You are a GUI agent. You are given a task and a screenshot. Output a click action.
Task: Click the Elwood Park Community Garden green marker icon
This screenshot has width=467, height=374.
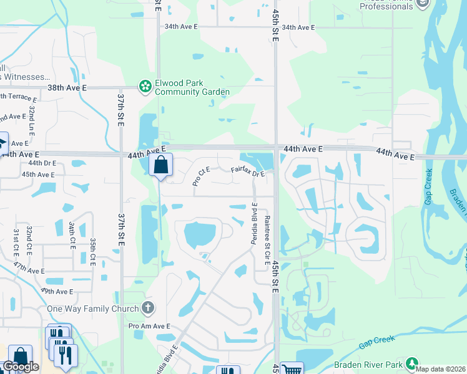(145, 86)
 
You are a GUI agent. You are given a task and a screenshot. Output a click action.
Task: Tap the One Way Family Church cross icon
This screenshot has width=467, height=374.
(148, 307)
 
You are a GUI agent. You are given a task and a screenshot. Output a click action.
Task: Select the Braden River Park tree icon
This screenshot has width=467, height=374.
(411, 363)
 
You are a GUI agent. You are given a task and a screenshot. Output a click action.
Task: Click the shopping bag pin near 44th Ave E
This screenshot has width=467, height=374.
(161, 165)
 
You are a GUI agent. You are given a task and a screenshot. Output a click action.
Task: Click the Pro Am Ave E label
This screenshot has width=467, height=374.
(150, 326)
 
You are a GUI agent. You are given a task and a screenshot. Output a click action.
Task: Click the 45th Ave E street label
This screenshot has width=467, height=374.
(38, 175)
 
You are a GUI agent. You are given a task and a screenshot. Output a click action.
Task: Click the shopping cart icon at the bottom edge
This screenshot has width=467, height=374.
(292, 369)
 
